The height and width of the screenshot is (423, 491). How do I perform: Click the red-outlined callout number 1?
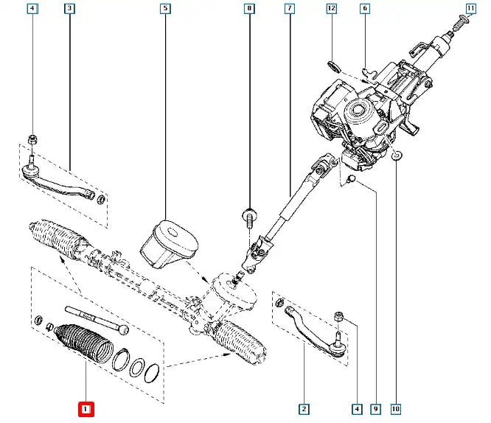(x=86, y=408)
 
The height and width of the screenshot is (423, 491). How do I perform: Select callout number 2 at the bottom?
(x=302, y=408)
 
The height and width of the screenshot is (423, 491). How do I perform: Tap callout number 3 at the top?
(x=69, y=10)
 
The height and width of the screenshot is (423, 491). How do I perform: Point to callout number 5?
(x=164, y=10)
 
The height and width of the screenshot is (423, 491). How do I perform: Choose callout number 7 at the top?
(x=289, y=10)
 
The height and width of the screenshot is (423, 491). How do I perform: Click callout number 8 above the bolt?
(x=249, y=10)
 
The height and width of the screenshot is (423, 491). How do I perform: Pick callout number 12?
(x=331, y=10)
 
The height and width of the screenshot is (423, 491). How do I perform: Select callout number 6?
(x=364, y=10)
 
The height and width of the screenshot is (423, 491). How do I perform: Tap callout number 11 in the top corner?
(x=471, y=10)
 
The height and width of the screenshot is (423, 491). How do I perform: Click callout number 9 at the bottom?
(x=375, y=408)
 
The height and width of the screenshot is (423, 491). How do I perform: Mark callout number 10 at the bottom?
(x=396, y=408)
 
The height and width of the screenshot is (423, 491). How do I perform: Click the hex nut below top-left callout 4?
(x=32, y=139)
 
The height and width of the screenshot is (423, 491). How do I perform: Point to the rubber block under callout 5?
(x=169, y=243)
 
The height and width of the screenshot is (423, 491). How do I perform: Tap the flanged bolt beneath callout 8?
(x=248, y=217)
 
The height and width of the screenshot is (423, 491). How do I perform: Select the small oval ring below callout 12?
(x=334, y=66)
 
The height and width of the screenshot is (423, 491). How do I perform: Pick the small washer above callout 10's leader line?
(x=396, y=155)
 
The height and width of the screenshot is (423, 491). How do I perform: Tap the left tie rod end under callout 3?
(x=55, y=178)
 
